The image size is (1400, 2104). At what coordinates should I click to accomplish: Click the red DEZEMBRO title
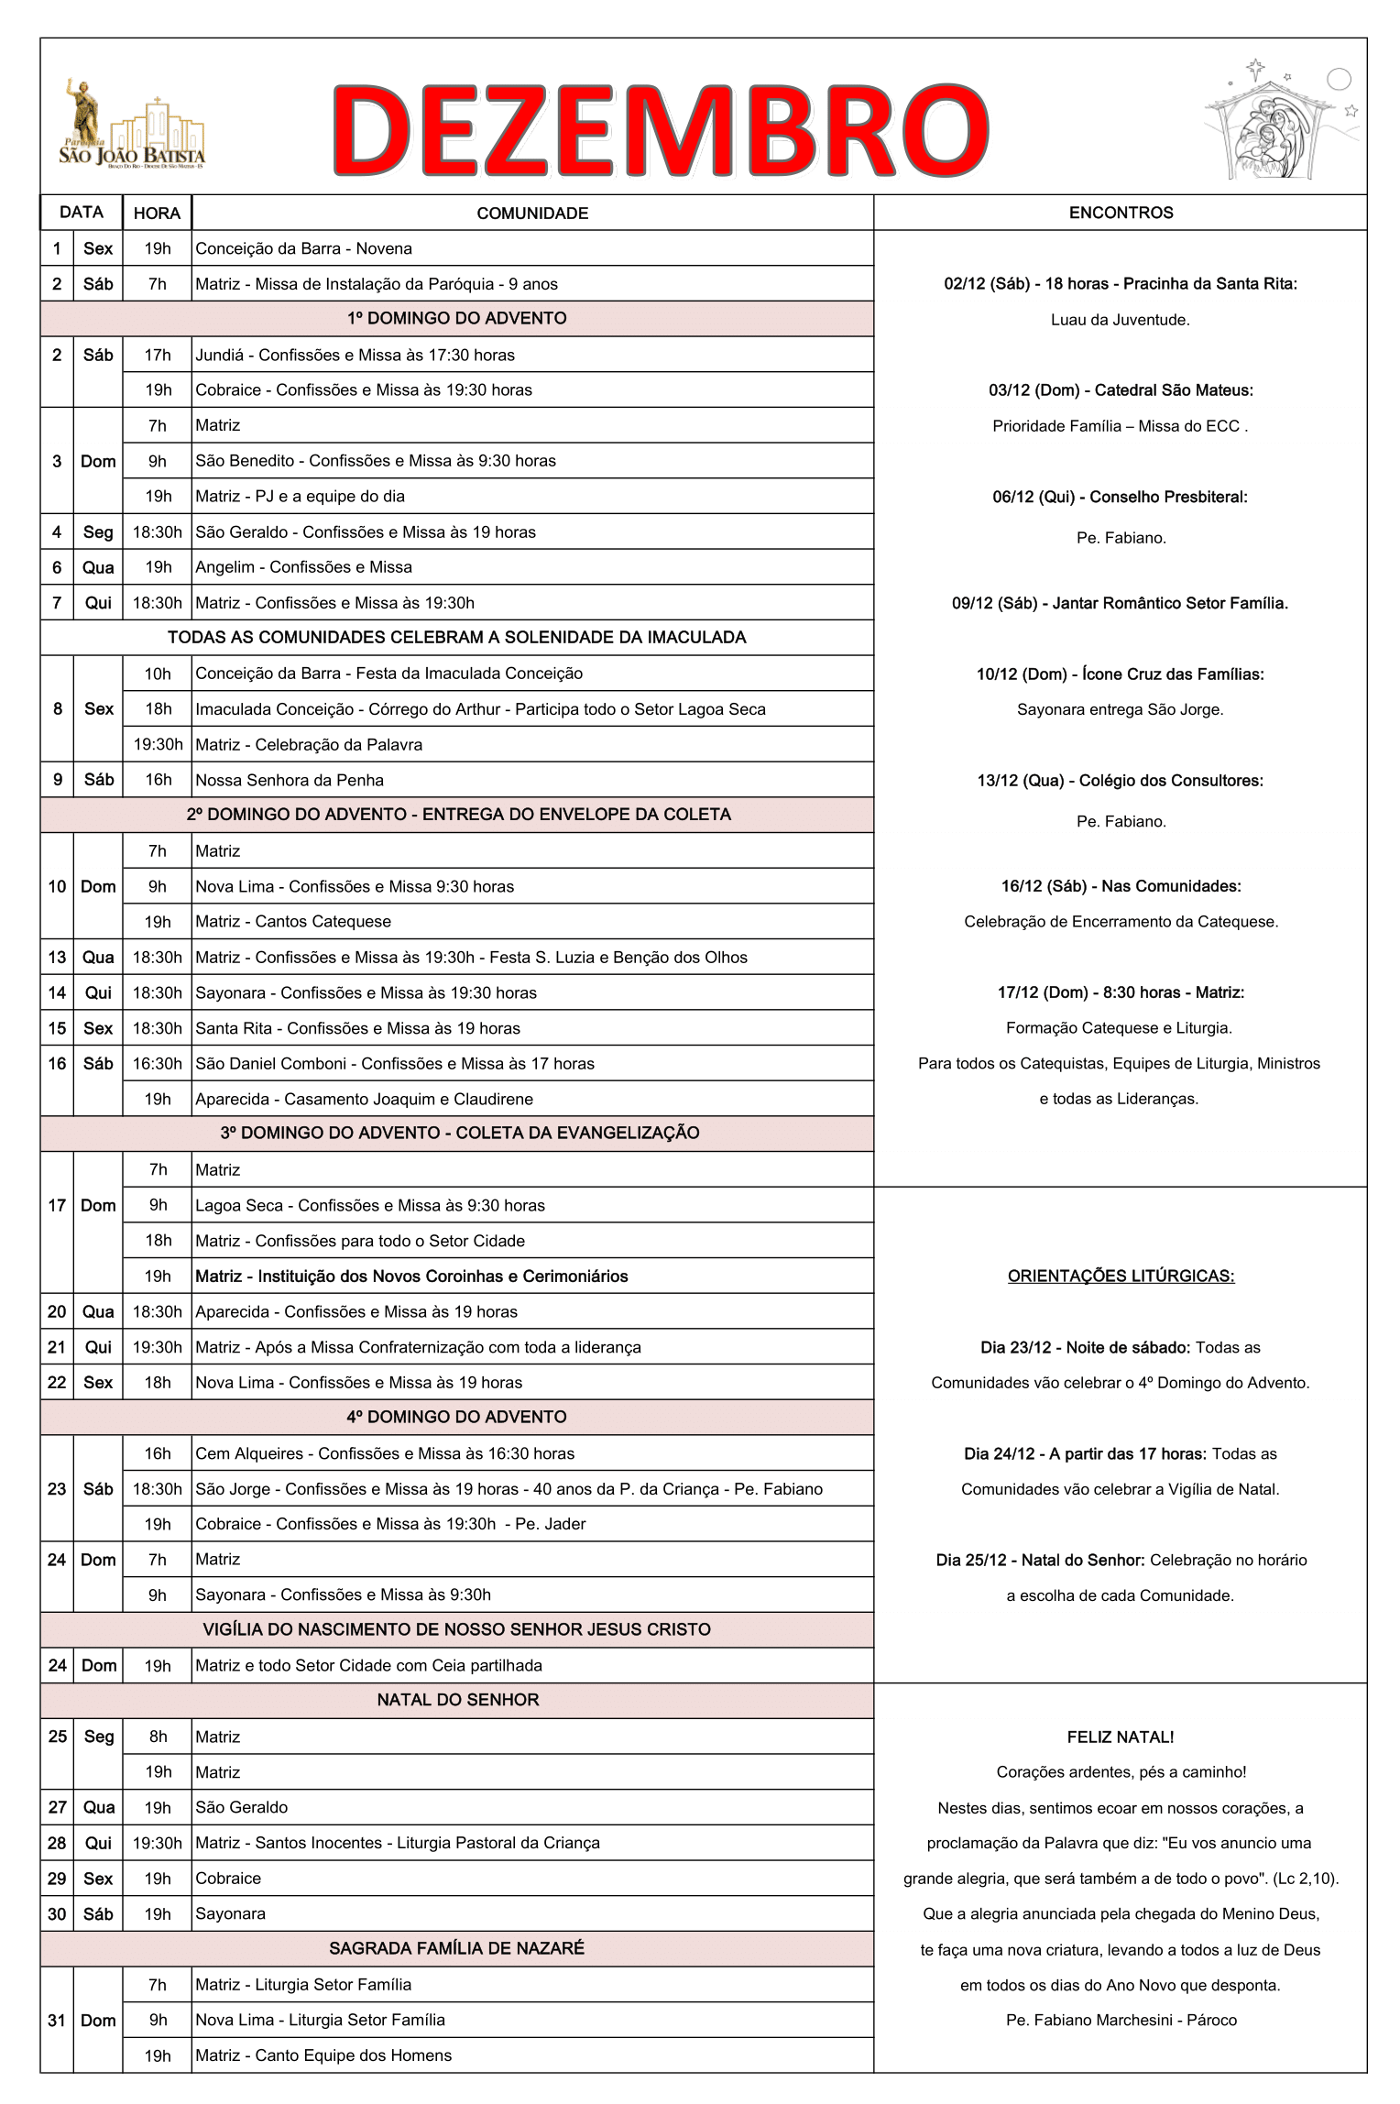tap(660, 129)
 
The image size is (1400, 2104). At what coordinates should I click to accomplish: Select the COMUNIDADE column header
tap(531, 214)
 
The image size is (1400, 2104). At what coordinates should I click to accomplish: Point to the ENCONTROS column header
tap(1120, 213)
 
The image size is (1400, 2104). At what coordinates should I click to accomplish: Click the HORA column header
tap(157, 214)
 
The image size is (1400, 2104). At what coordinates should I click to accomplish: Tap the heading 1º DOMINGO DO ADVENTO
tap(456, 319)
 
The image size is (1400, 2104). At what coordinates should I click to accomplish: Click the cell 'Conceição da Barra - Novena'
tap(303, 249)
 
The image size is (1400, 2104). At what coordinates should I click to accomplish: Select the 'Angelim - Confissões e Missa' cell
tap(303, 567)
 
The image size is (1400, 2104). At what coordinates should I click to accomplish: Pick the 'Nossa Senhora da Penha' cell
tap(290, 780)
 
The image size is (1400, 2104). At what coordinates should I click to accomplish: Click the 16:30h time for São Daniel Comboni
tap(157, 1064)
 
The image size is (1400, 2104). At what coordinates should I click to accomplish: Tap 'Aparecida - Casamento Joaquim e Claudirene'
tap(364, 1099)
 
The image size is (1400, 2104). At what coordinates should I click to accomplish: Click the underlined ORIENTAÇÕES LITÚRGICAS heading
tap(1121, 1276)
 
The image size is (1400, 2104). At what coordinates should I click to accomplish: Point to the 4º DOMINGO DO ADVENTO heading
tap(456, 1417)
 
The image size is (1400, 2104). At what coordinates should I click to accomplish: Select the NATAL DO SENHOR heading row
tap(457, 1700)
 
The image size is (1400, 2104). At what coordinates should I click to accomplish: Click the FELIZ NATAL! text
tap(1120, 1737)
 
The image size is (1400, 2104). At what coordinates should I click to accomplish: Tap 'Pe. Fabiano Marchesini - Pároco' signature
tap(1121, 2020)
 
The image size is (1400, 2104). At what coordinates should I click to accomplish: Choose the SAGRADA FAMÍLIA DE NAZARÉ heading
tap(456, 1948)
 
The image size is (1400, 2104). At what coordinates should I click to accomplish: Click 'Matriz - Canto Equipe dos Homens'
tap(323, 2055)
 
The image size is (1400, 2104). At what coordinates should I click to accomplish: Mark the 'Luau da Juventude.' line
tap(1120, 320)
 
